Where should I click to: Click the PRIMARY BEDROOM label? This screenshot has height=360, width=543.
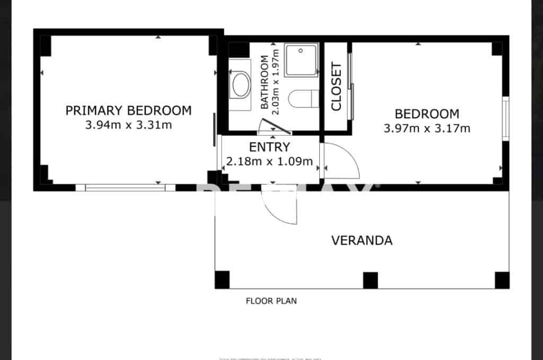[128, 111]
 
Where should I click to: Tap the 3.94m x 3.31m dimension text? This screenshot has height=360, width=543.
[128, 126]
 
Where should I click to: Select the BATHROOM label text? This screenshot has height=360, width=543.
[265, 82]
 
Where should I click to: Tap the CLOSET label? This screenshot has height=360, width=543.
[336, 86]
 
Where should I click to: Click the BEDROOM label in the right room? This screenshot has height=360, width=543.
[427, 113]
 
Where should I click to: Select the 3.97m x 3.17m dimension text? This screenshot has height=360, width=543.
[427, 128]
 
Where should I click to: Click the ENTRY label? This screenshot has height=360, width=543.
[269, 147]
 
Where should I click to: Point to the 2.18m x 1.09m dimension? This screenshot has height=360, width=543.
[269, 161]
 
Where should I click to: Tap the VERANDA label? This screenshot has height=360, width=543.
[362, 241]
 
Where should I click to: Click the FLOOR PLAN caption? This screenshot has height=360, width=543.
[271, 301]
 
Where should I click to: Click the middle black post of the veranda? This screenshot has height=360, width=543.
[370, 280]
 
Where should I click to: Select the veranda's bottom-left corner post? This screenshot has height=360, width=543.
[222, 279]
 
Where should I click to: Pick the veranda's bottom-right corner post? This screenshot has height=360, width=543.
[502, 280]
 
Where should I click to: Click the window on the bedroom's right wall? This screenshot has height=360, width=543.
[506, 119]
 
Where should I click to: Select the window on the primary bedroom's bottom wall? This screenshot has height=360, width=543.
[125, 187]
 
